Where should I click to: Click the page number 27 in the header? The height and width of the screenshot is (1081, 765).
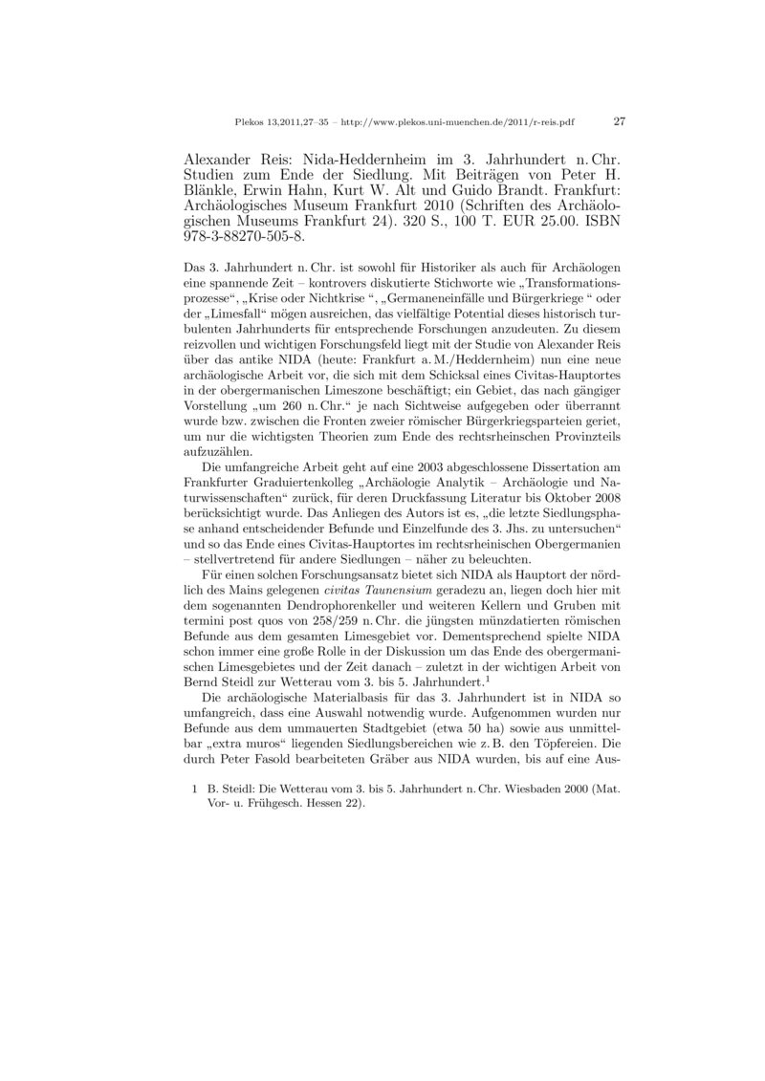619,122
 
